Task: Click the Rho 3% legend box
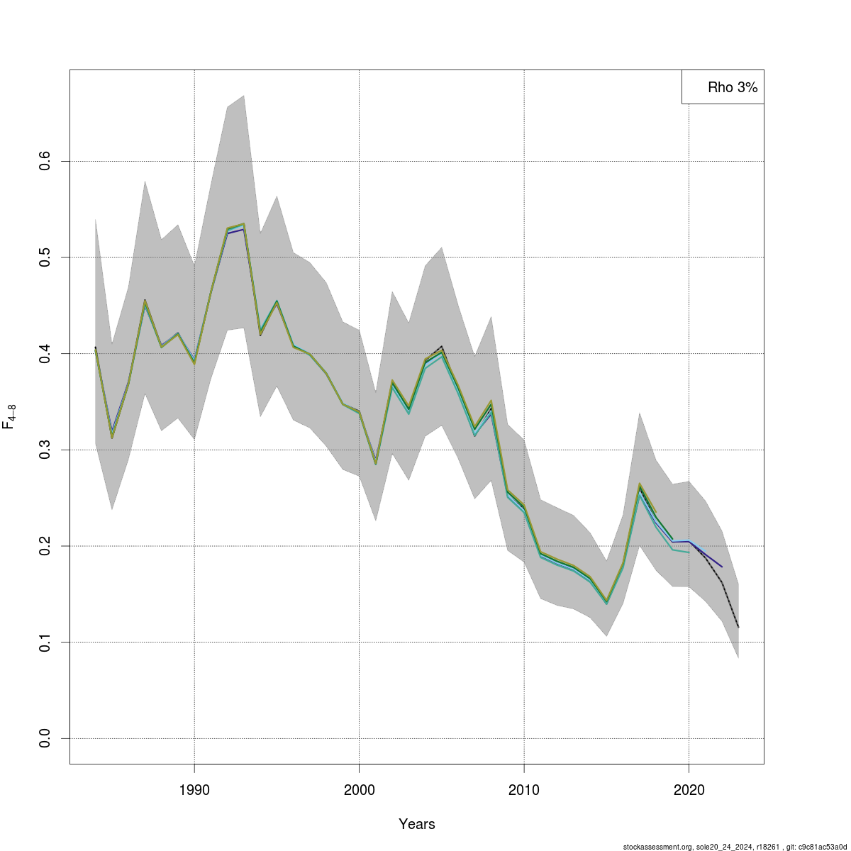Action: pyautogui.click(x=723, y=87)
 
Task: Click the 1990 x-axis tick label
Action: pyautogui.click(x=194, y=790)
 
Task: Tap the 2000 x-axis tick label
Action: pyautogui.click(x=359, y=790)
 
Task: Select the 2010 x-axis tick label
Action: pyautogui.click(x=524, y=790)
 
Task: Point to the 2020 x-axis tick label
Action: pyautogui.click(x=689, y=790)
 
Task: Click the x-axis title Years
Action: pyautogui.click(x=417, y=824)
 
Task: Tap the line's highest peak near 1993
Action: pyautogui.click(x=243, y=225)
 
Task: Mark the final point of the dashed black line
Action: pyautogui.click(x=738, y=627)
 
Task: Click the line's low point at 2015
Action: pyautogui.click(x=606, y=602)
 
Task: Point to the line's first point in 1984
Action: pyautogui.click(x=96, y=348)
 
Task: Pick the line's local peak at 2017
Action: pyautogui.click(x=640, y=486)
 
